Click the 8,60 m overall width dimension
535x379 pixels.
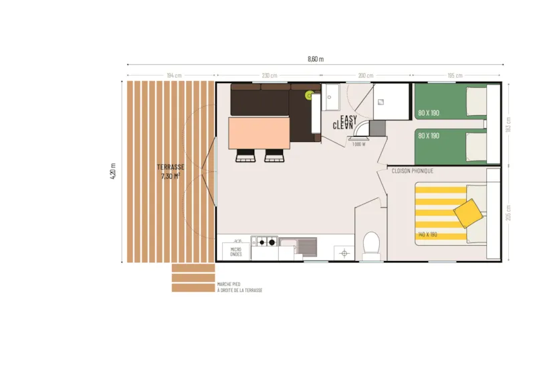pos(315,59)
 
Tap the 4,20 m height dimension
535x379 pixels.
pos(114,172)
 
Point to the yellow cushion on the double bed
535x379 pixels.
pos(468,214)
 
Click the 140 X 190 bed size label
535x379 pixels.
pos(427,234)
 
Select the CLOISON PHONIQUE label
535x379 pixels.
pos(412,171)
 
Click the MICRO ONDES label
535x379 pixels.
pos(236,251)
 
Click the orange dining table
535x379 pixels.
pos(259,132)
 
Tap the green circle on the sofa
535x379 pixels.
pos(310,95)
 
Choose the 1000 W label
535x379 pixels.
pos(358,144)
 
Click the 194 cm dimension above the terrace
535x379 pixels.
pos(174,75)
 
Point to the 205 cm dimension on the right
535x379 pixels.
pos(510,212)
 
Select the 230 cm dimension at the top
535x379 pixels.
pos(270,75)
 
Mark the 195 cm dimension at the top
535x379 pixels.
pos(455,75)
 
